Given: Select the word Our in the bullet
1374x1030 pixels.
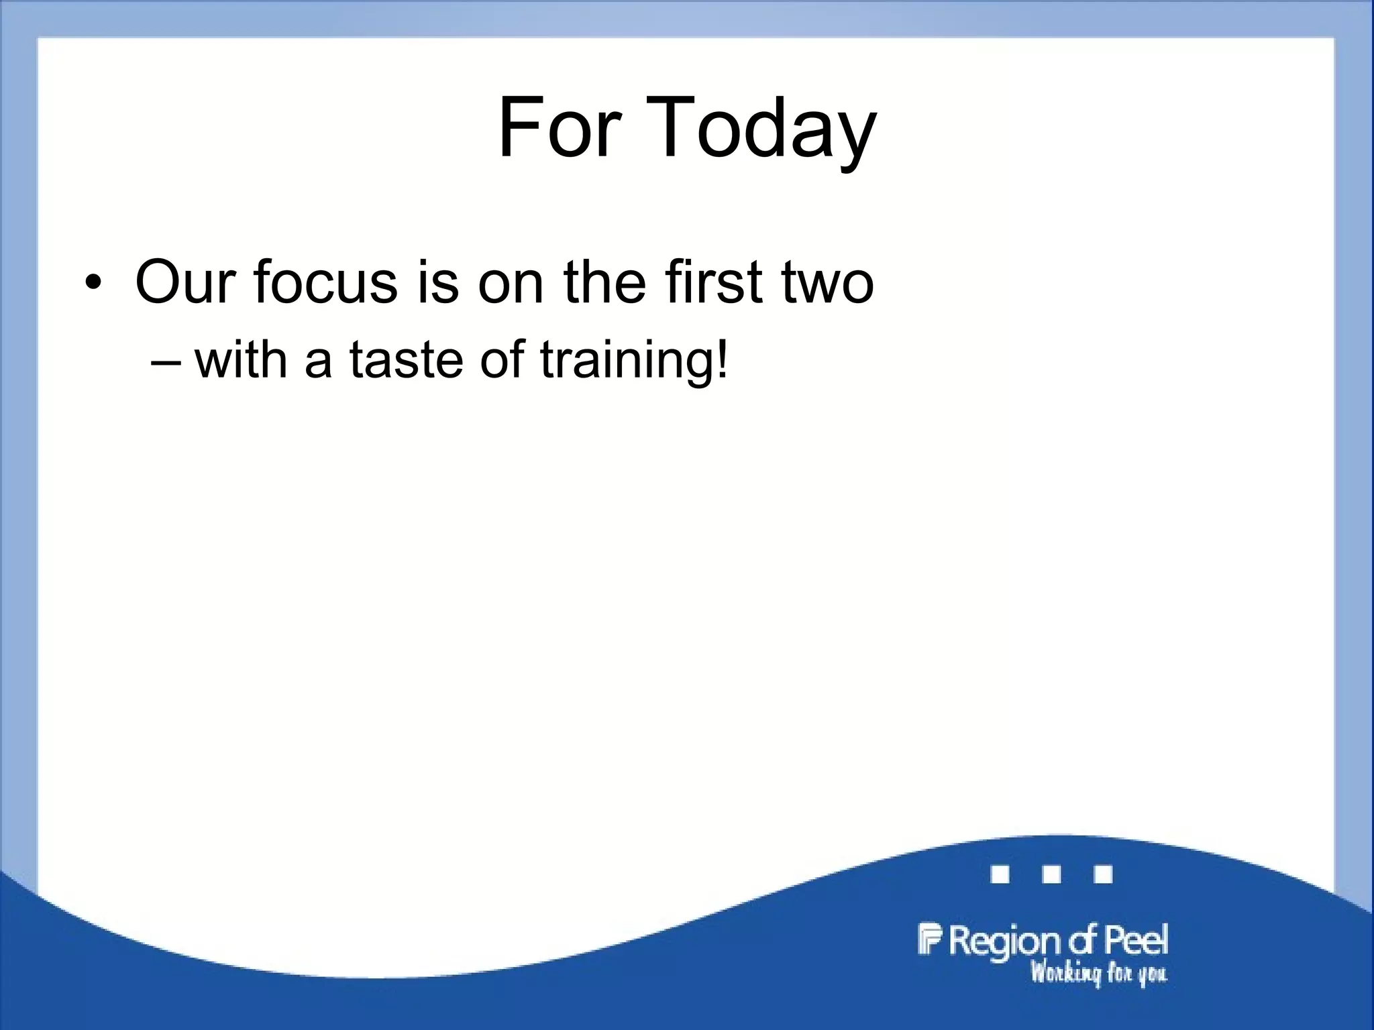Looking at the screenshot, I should [x=185, y=282].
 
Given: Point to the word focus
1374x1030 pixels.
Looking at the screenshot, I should [x=325, y=282].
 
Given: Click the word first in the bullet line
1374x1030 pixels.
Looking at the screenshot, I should [x=714, y=282].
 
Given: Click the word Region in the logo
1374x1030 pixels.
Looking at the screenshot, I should [x=1004, y=941].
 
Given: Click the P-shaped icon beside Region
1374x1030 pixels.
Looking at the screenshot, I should [x=929, y=939].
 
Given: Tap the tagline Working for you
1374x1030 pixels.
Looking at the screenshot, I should [x=1098, y=973].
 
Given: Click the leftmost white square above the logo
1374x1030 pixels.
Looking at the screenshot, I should [x=1000, y=874].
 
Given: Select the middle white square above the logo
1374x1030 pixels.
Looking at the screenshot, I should [x=1051, y=874].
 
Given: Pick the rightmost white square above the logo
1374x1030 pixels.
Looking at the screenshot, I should [x=1103, y=874].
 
